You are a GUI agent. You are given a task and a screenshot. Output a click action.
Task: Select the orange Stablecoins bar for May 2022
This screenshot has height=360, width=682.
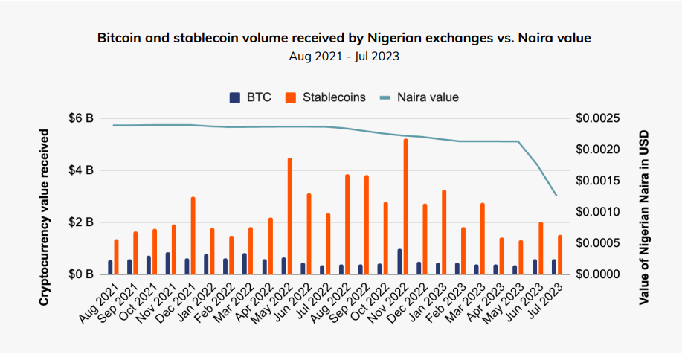(x=289, y=216)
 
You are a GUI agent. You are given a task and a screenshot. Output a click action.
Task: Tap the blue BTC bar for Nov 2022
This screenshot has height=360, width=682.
(x=399, y=262)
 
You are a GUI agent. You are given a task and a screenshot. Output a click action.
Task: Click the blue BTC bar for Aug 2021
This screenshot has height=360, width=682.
(x=110, y=267)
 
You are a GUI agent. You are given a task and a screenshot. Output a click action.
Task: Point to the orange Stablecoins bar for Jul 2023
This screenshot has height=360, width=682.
(x=560, y=255)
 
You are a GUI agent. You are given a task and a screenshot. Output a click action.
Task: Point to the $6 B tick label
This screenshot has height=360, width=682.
(x=80, y=118)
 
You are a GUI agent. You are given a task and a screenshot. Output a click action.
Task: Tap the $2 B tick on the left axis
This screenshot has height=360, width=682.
(x=80, y=222)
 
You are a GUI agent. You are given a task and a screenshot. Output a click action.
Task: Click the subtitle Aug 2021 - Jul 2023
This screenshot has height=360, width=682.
(x=344, y=55)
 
